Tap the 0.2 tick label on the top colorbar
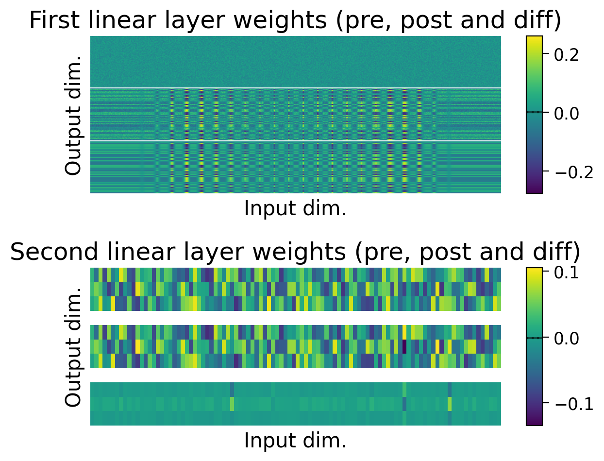(567, 55)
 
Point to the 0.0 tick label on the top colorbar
(567, 113)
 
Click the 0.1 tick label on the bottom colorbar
(567, 273)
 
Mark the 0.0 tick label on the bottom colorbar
(567, 338)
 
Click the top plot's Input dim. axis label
(295, 209)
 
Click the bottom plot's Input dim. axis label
(295, 441)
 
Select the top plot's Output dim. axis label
(74, 115)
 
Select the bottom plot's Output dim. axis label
(74, 347)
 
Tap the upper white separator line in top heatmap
(295, 88)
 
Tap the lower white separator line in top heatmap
(295, 141)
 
